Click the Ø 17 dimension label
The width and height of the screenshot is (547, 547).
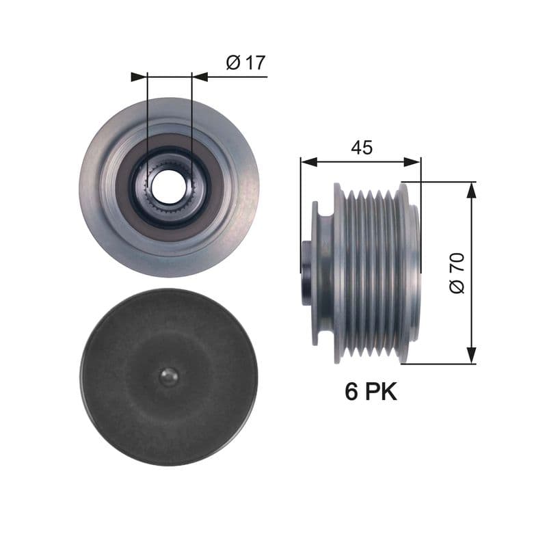point(245,63)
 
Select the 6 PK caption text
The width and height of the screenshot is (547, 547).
point(370,392)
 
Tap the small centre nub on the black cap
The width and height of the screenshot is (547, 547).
point(168,377)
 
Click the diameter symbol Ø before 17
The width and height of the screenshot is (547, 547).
point(232,63)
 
